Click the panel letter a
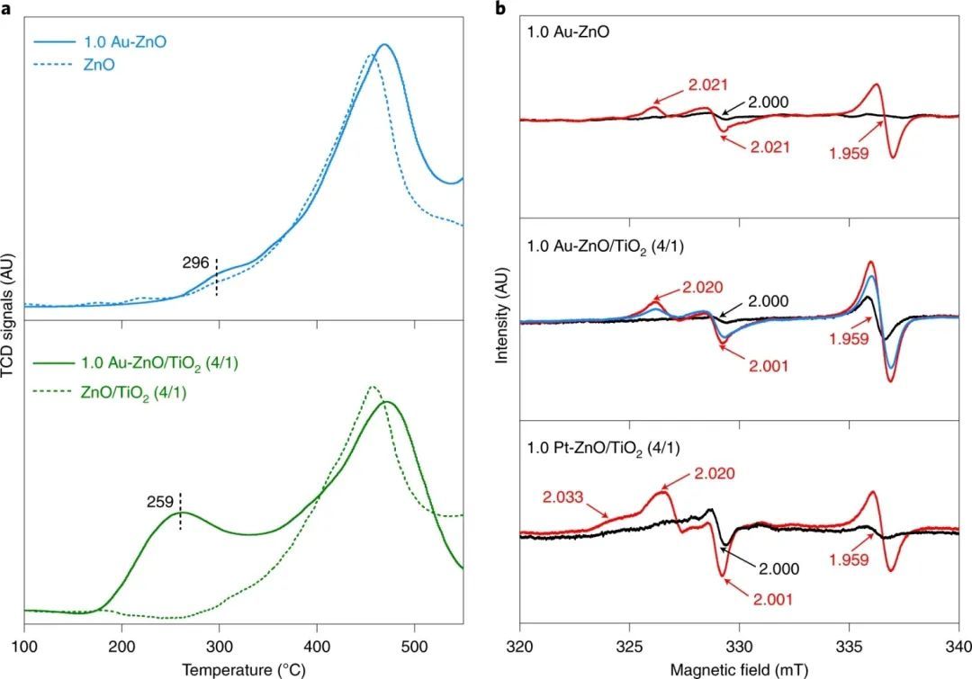click(6, 7)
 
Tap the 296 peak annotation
click(195, 264)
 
